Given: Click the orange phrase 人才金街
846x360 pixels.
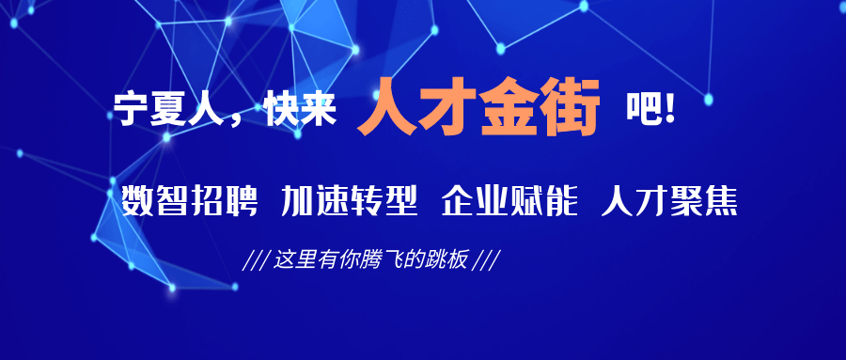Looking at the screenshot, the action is [478, 107].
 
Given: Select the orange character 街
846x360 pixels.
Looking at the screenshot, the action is [571, 107].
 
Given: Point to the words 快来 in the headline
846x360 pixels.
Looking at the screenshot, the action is [301, 110].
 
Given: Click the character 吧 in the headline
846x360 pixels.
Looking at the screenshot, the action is [643, 110].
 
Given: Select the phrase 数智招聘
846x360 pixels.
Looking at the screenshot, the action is [189, 201].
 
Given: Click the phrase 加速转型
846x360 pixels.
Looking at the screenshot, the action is [349, 201].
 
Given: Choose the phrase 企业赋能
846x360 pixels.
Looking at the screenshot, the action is [509, 201].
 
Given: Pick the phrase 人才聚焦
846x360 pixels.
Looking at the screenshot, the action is [669, 201].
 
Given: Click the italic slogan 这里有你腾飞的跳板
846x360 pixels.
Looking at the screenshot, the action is [370, 260].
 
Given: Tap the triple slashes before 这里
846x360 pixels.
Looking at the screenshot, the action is [257, 260].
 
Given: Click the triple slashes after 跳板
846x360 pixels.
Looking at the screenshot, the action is [484, 260].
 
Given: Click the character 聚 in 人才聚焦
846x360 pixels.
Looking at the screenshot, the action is [687, 201].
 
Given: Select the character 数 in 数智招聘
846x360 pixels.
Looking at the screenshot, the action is [137, 201].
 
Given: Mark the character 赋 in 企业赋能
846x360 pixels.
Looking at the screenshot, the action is [526, 201].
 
